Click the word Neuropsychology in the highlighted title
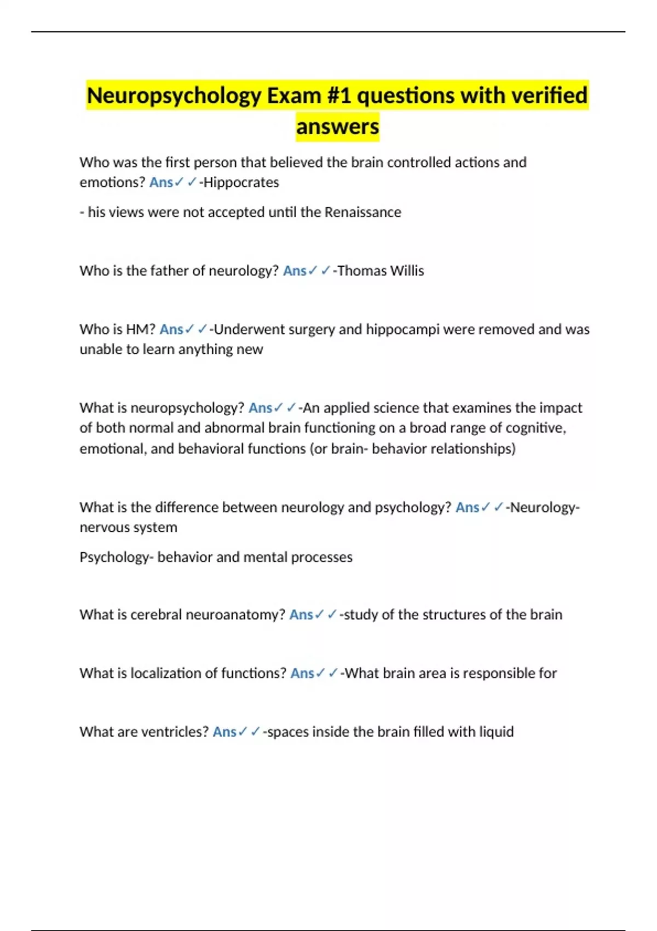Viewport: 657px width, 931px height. coord(174,96)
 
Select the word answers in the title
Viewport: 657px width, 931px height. coord(337,127)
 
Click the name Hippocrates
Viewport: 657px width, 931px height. coord(241,182)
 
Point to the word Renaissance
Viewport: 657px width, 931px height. coord(362,212)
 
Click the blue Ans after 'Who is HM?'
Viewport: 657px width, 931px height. coord(171,329)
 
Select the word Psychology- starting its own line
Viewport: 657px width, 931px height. coord(116,557)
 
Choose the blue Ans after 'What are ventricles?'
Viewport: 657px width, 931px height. coord(224,732)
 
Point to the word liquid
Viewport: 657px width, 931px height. coord(496,732)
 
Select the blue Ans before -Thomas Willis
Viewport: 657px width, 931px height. coord(295,271)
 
